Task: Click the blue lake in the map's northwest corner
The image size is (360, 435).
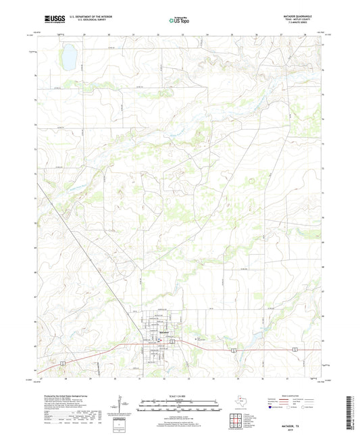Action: coord(68,57)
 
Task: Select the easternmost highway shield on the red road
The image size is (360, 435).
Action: coord(295,349)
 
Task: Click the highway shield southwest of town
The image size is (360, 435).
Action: coord(61,363)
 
